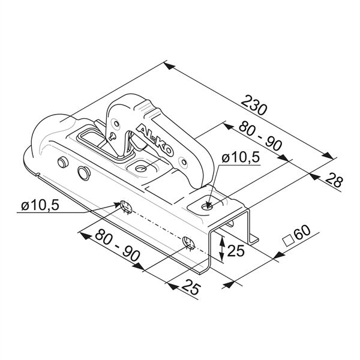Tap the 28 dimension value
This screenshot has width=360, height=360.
tap(334, 181)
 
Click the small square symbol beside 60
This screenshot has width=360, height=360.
tap(289, 241)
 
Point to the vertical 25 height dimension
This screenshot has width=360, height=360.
tap(236, 251)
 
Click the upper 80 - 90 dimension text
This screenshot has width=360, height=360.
tap(260, 136)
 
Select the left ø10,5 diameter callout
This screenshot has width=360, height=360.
tap(40, 205)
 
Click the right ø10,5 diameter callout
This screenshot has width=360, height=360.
tap(241, 158)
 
